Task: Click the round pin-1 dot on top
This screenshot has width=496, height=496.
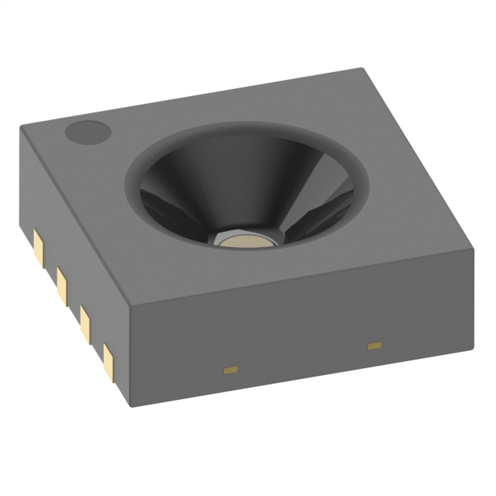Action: click(87, 133)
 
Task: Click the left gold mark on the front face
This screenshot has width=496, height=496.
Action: click(230, 370)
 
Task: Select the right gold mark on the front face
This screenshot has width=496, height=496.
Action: click(375, 344)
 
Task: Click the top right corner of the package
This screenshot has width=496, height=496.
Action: click(470, 247)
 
